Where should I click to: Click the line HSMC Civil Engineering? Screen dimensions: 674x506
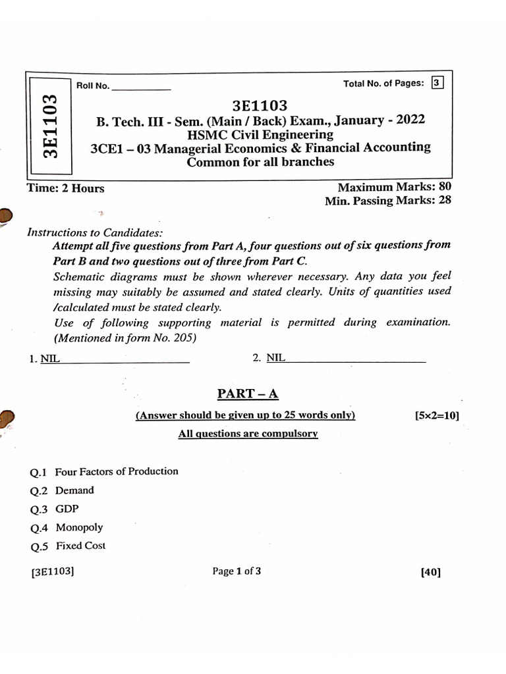(x=260, y=134)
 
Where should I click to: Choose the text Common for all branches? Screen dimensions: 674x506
(x=260, y=162)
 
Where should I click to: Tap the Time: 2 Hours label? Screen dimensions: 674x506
(x=65, y=188)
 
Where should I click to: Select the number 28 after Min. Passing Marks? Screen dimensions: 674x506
(x=444, y=201)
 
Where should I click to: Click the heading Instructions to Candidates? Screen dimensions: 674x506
(x=94, y=232)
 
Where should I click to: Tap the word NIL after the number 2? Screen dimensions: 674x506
(x=276, y=357)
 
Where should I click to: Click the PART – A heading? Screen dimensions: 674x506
(x=248, y=394)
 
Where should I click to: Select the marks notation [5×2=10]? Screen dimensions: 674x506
(x=437, y=415)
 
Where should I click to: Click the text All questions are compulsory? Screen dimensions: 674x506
(x=248, y=434)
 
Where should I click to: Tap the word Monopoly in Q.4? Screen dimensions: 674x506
(x=79, y=527)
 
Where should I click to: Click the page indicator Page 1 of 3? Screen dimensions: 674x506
(x=237, y=571)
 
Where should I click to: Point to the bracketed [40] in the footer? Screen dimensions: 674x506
(x=430, y=573)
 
